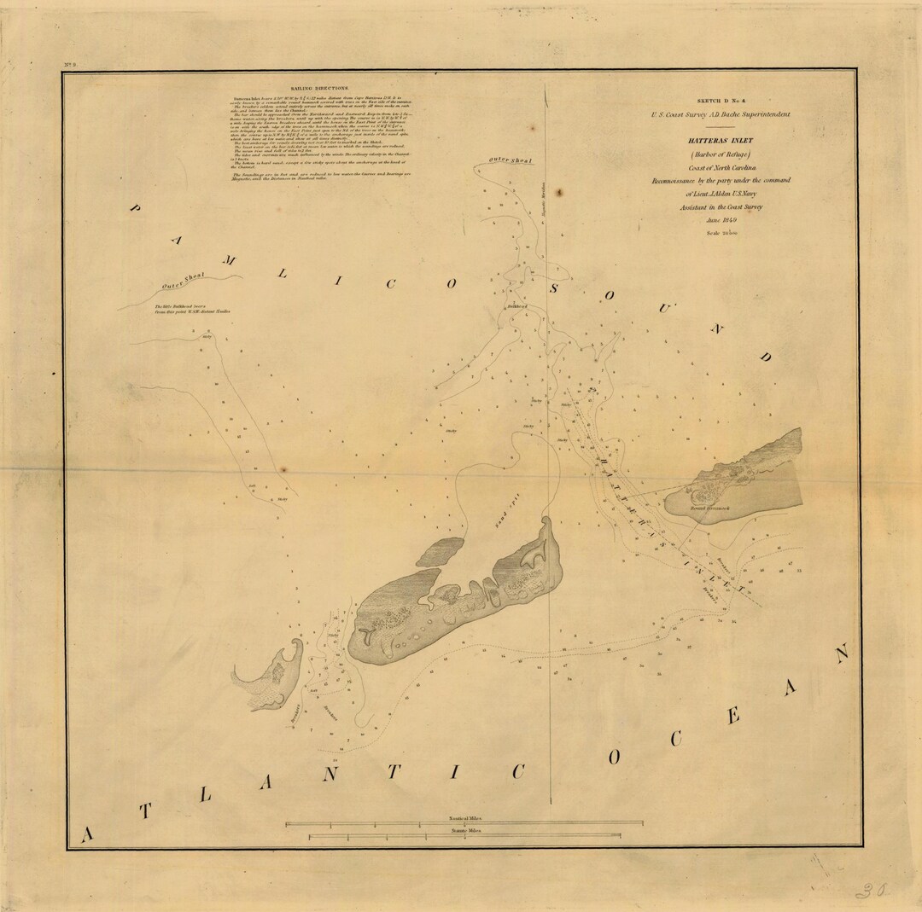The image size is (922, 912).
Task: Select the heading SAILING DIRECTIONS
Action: pos(319,88)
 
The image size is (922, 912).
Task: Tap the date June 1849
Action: pos(721,219)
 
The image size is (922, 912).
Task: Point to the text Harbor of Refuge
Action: pos(722,154)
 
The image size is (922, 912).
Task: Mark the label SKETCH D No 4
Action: pos(722,100)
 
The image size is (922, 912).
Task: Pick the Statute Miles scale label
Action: pos(464,829)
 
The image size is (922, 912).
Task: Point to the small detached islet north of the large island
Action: pos(440,552)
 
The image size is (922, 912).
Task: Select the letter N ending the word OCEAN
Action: pos(842,654)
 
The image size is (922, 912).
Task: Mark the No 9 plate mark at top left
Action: pos(70,66)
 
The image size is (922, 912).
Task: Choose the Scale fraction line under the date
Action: pos(721,233)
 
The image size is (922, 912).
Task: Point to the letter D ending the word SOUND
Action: pos(764,357)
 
